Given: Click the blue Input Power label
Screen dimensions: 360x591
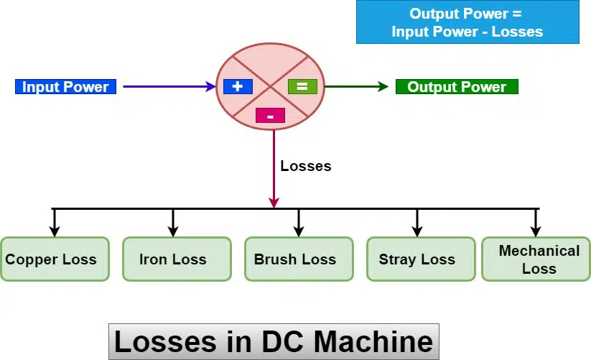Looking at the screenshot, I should (65, 87).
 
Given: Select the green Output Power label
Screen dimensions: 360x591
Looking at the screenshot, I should (457, 87).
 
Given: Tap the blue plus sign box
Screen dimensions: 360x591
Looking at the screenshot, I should (238, 86).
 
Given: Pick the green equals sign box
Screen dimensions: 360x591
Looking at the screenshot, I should (302, 86).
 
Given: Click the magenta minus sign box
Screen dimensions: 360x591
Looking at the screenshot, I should (270, 115).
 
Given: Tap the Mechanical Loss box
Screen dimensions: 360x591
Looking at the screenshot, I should (536, 259).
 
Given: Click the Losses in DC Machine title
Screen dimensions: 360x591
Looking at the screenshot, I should (274, 341).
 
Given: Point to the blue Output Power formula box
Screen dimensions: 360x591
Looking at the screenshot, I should (467, 22).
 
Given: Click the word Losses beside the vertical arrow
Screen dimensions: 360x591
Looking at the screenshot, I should (306, 166).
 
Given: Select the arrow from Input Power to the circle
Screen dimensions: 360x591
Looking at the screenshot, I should (169, 87).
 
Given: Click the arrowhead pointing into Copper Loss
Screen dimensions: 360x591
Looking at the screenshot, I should (55, 231).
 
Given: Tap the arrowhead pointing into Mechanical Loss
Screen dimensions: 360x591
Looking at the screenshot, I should (536, 231).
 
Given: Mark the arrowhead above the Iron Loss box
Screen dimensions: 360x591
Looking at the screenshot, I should (173, 231).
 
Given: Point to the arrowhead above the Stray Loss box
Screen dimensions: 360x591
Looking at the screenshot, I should (417, 231).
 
